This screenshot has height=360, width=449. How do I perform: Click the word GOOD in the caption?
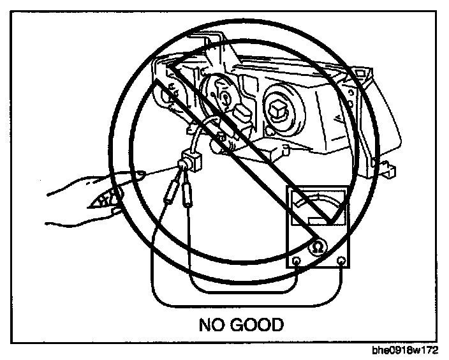coord(257,325)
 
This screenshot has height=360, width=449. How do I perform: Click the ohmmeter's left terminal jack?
coord(297,260)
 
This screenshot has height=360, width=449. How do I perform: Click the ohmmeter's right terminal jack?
coord(342,260)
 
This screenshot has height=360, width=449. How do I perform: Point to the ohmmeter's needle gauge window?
coord(318,210)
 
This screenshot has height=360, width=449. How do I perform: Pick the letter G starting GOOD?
coord(238,325)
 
